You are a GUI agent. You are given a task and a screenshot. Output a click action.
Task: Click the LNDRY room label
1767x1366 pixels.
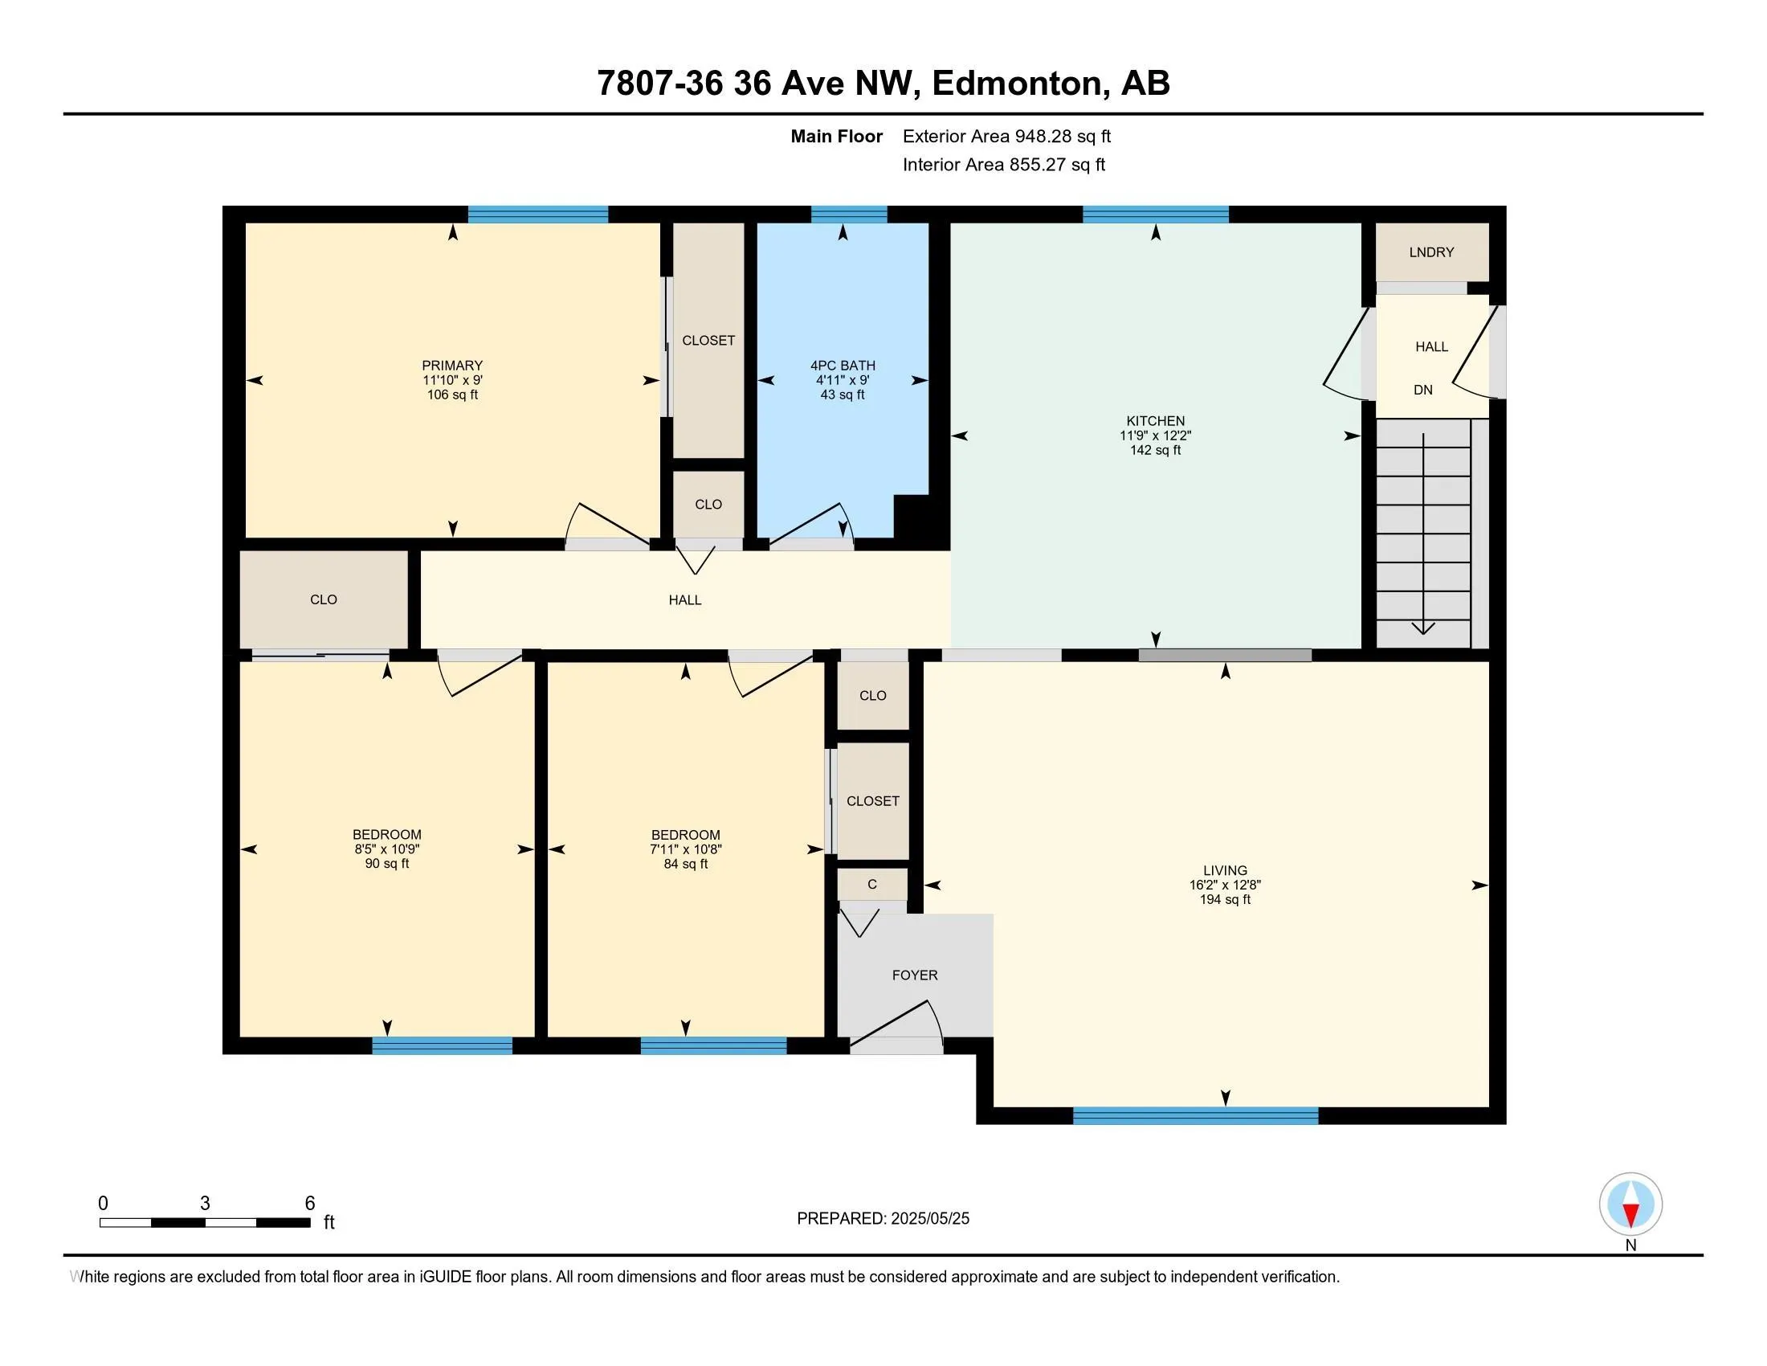[1431, 252]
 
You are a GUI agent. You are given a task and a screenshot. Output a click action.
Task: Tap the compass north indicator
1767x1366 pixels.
[1630, 1206]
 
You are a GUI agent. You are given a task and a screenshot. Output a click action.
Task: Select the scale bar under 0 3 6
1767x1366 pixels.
[205, 1222]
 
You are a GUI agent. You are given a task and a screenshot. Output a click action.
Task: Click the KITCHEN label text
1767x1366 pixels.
[1155, 421]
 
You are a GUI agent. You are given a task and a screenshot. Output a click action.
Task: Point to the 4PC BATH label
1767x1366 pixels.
[843, 366]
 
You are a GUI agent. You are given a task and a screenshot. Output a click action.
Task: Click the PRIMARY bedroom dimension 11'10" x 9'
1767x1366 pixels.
[452, 380]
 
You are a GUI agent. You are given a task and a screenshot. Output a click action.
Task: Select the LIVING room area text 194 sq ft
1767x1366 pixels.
[1225, 900]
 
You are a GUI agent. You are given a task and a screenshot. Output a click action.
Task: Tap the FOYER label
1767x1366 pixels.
[915, 976]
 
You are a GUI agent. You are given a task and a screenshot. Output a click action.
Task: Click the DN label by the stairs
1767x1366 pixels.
[1423, 390]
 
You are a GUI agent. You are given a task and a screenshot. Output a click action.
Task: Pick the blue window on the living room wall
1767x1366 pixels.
[1195, 1115]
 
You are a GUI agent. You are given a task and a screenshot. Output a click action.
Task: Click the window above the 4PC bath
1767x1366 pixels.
[849, 215]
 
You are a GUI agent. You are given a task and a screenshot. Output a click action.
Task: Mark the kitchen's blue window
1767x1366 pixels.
[1155, 215]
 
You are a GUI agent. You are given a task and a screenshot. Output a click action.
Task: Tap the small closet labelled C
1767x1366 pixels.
[872, 885]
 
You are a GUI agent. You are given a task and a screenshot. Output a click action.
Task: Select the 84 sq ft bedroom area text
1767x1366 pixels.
[685, 865]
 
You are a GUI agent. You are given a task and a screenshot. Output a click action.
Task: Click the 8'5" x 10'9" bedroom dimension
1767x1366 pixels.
[387, 849]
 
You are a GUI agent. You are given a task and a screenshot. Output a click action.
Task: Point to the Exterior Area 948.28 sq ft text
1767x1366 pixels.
[1006, 137]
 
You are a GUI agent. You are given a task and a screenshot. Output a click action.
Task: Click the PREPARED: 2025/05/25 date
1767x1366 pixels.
[883, 1219]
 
